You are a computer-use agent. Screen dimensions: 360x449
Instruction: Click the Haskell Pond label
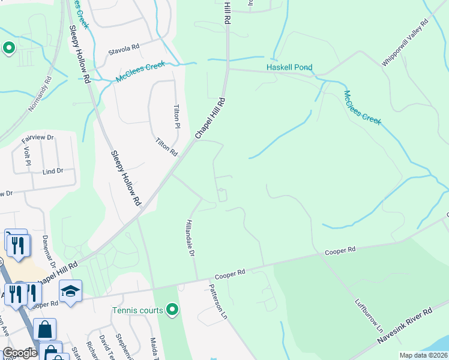290,67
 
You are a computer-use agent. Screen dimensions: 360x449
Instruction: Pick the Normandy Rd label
41,95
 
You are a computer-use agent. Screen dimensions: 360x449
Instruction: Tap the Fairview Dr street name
37,140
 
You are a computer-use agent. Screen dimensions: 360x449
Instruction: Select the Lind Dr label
53,172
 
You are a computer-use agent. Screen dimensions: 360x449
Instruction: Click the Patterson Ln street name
218,301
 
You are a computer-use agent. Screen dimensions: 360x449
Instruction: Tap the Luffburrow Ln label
369,316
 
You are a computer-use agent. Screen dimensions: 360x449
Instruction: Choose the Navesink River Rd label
405,326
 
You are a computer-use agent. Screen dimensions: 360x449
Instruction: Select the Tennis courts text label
137,310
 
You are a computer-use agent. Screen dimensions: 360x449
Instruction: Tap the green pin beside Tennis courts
173,310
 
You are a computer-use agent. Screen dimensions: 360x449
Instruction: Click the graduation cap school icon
71,292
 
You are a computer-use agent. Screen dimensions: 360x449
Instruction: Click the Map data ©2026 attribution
423,355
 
